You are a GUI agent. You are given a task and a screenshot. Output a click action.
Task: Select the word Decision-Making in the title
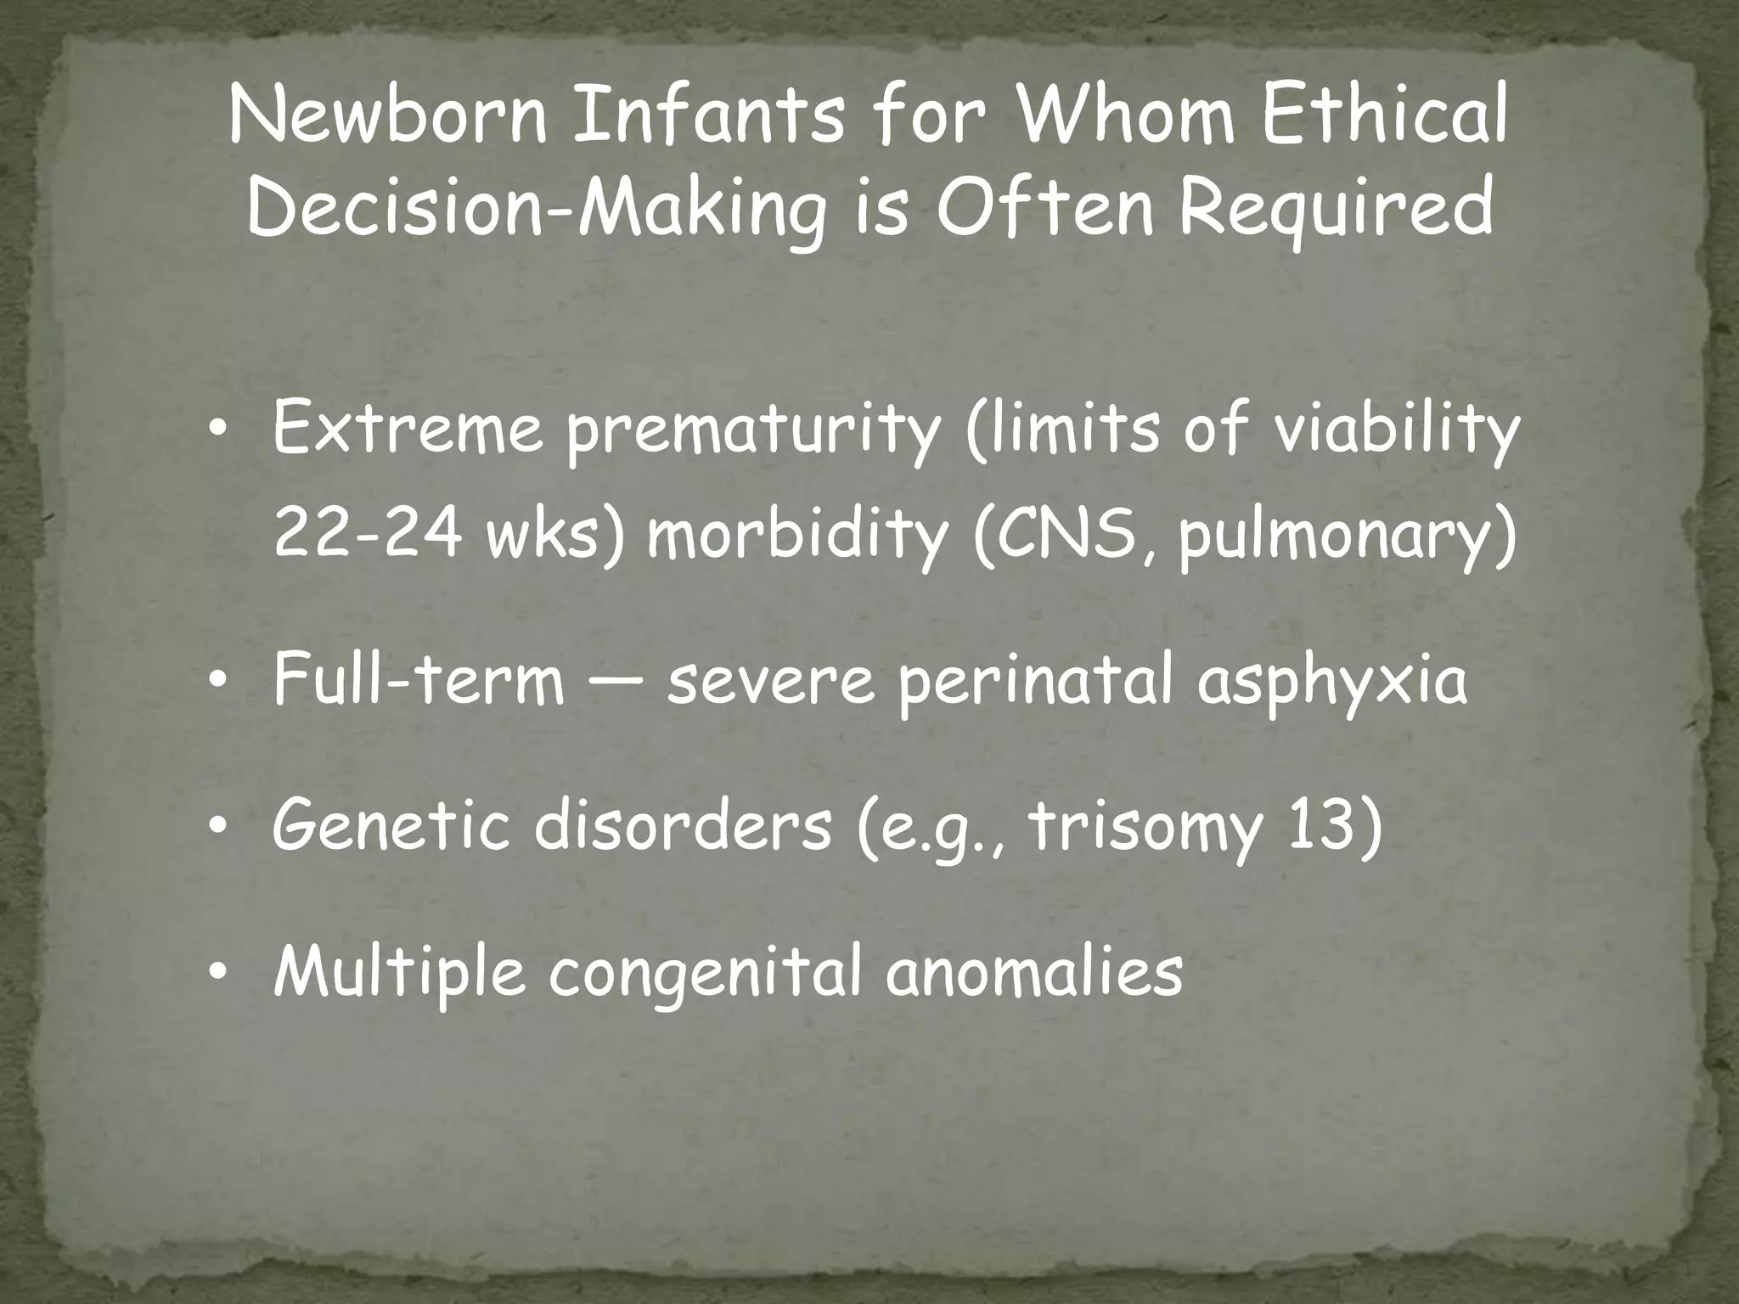536,209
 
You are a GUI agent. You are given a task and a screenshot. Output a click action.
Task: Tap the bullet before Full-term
218,682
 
